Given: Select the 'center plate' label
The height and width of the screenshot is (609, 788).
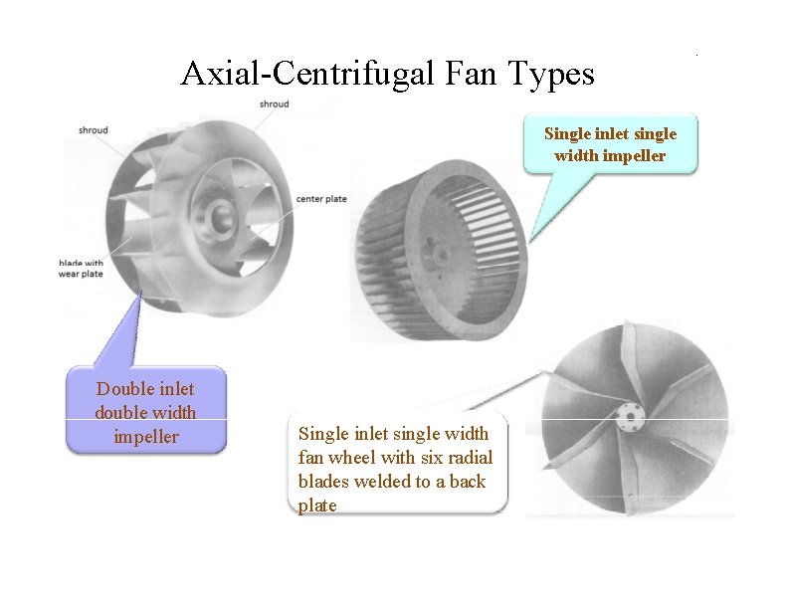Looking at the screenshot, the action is (x=321, y=199).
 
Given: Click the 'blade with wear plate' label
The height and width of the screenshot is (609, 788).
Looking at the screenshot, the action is (x=80, y=269).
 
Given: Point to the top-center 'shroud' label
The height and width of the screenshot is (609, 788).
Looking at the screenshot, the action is (x=274, y=103).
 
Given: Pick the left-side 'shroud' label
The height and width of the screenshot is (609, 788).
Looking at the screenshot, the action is (x=94, y=130).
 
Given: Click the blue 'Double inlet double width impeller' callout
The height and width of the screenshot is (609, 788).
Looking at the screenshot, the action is (x=145, y=412).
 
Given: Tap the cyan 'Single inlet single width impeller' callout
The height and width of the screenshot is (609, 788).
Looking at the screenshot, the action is (x=610, y=144).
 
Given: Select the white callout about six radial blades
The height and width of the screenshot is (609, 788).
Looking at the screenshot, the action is (x=395, y=468).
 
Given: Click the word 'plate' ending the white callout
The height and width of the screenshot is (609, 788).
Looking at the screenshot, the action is (x=317, y=505).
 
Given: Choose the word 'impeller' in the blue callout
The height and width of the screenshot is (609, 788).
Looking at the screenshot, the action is (x=145, y=436).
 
